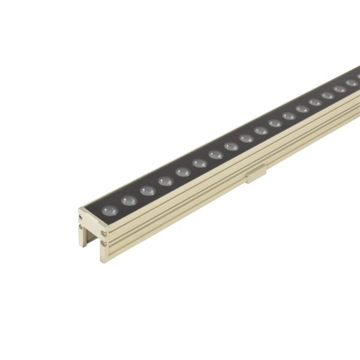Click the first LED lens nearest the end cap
[x=109, y=211]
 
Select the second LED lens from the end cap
[x=128, y=200]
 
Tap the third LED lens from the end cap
[x=147, y=191]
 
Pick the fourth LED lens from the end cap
[x=166, y=181]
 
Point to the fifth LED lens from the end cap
[x=183, y=172]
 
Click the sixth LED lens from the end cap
[x=200, y=163]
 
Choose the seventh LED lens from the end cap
[x=216, y=154]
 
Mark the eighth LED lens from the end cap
[x=232, y=146]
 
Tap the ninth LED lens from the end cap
[x=247, y=138]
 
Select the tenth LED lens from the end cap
[x=261, y=130]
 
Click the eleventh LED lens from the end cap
[x=275, y=123]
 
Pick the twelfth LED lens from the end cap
[x=289, y=116]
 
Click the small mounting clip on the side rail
[x=256, y=175]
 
